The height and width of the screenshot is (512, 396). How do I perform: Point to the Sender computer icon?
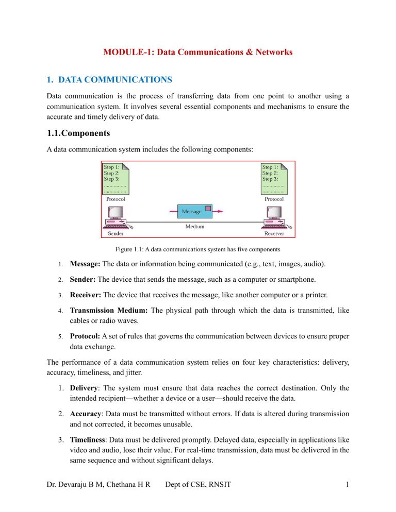[x=118, y=218]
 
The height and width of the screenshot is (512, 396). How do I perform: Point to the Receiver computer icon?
[x=278, y=218]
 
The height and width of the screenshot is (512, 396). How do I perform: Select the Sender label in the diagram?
[x=115, y=233]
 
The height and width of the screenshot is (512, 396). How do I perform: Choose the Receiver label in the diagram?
[x=279, y=233]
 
